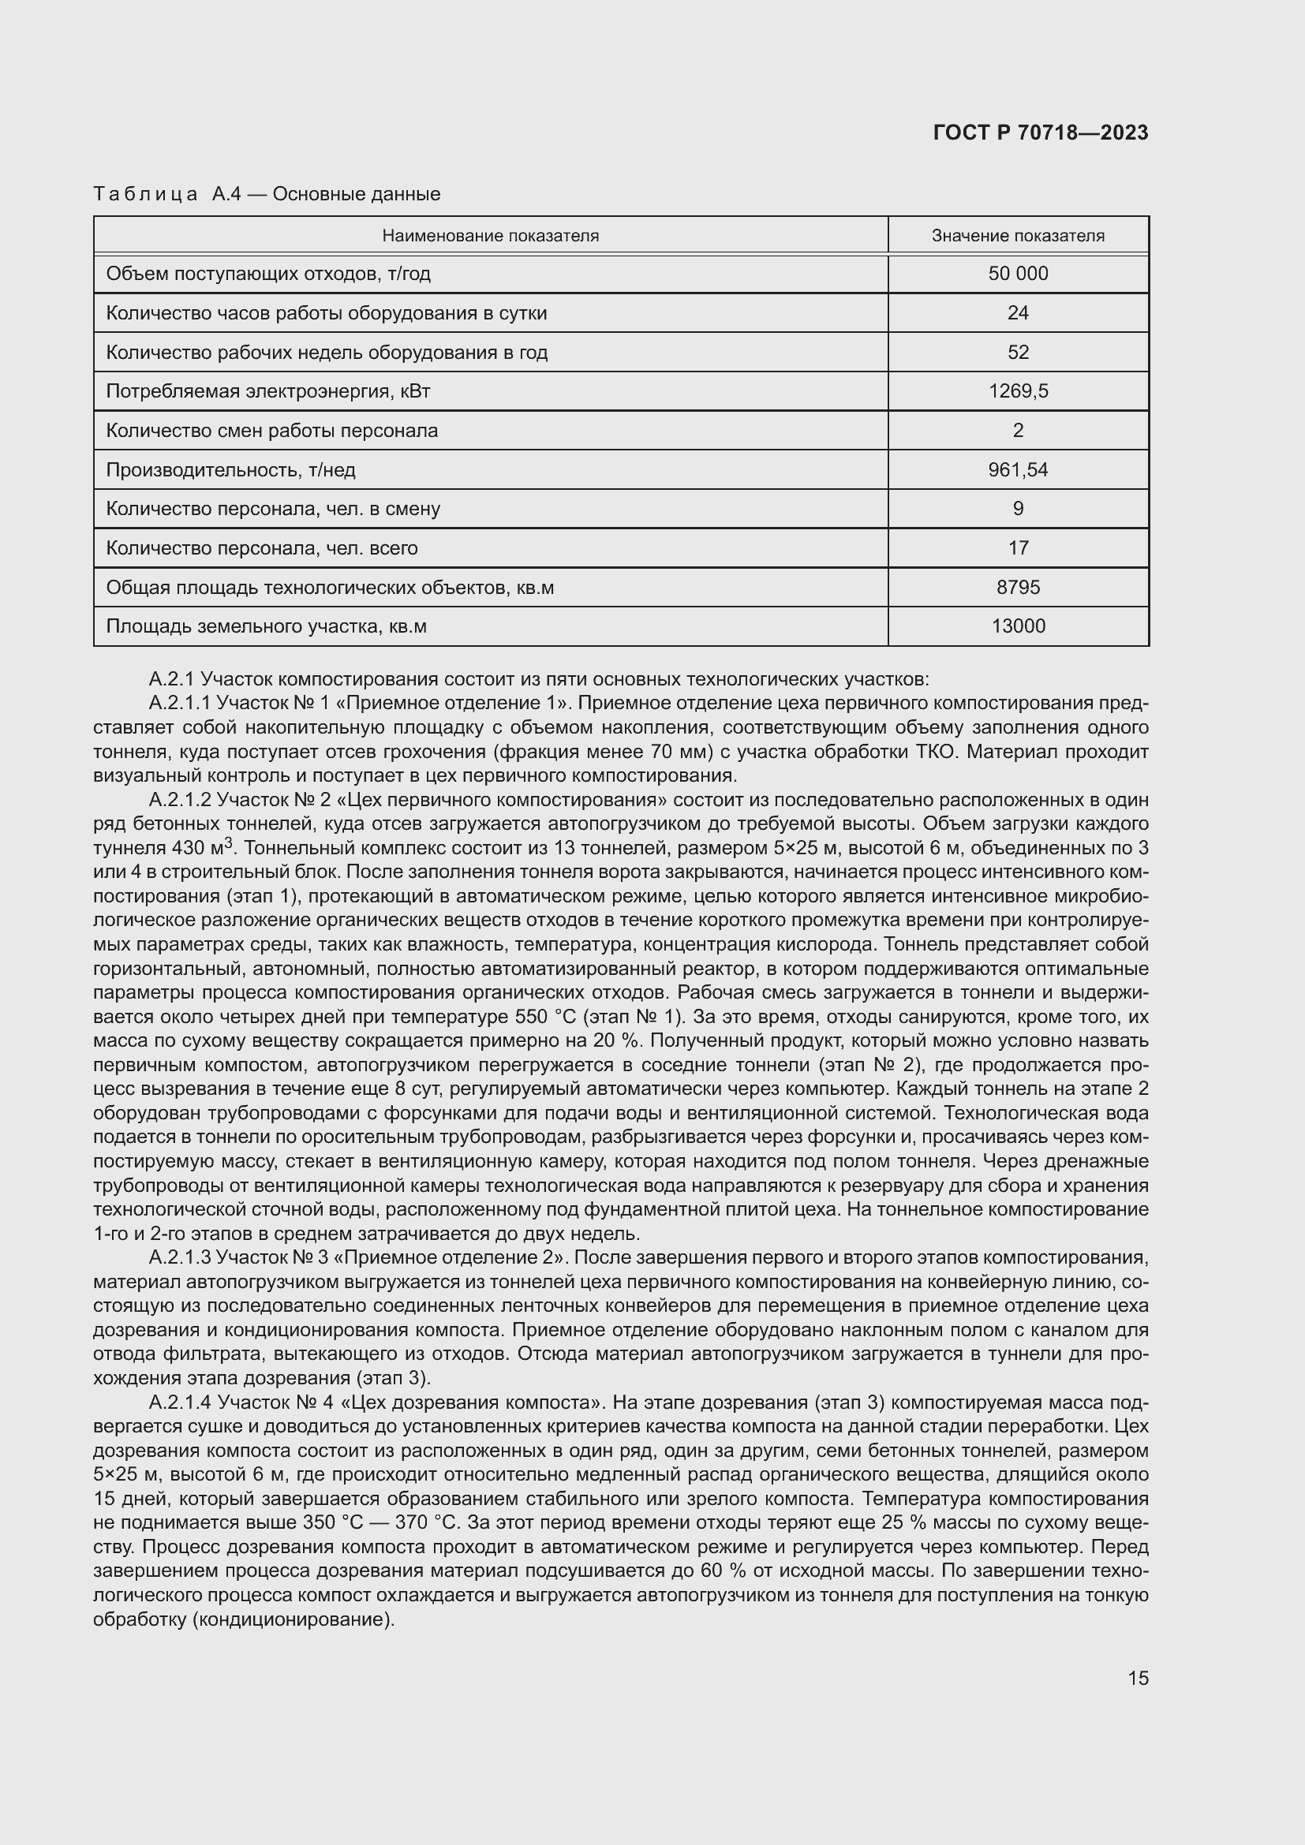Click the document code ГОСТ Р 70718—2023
coord(1041,133)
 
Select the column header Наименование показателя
coord(490,235)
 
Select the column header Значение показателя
coord(1017,235)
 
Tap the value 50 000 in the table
coord(1017,273)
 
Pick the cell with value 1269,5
coord(1017,391)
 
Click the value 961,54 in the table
coord(1017,469)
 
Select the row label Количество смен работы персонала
coord(272,431)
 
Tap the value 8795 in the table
coord(1017,588)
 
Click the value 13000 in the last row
coord(1017,626)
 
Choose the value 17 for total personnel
coord(1017,548)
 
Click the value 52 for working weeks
coord(1017,352)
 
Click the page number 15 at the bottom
coord(1138,1678)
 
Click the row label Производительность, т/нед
coord(230,469)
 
